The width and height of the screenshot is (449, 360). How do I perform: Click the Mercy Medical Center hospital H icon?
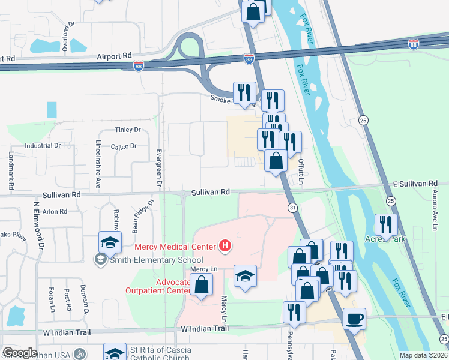tap(225, 245)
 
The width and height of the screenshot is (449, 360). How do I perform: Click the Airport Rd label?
tap(114, 55)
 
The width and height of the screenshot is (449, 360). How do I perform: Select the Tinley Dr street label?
tap(127, 130)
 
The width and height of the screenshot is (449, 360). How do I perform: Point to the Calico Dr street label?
tap(124, 146)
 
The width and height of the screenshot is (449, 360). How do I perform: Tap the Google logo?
tap(20, 352)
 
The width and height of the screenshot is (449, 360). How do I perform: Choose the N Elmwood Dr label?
tap(39, 225)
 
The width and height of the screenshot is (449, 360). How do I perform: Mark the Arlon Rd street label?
tap(55, 211)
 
